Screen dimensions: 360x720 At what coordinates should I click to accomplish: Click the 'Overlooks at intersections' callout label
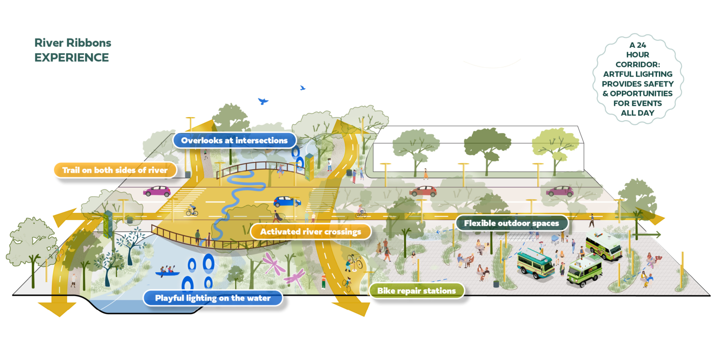click(234, 140)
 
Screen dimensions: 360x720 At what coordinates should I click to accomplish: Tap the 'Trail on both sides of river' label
click(115, 170)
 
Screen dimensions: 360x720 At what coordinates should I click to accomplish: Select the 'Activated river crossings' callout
click(310, 232)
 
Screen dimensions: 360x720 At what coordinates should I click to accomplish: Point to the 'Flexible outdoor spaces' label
click(511, 223)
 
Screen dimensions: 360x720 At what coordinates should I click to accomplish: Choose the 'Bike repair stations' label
click(416, 291)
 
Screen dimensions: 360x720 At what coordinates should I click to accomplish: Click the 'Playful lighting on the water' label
click(213, 298)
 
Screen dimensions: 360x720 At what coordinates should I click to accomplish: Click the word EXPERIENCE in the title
click(72, 58)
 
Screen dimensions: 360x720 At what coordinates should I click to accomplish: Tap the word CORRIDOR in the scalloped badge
click(637, 64)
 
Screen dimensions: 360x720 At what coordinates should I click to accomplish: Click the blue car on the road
click(287, 201)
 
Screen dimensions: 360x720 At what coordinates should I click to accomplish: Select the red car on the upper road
click(423, 191)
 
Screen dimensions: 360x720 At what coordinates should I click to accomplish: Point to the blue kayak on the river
click(167, 273)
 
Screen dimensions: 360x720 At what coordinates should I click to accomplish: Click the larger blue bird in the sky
click(263, 101)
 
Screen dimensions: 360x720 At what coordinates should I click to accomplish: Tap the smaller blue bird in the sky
click(302, 88)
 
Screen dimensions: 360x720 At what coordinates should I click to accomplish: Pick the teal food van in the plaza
click(535, 264)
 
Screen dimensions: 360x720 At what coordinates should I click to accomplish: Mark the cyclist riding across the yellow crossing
click(192, 211)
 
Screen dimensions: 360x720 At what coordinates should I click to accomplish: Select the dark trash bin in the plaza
click(496, 284)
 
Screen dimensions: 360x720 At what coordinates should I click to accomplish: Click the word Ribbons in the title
click(88, 43)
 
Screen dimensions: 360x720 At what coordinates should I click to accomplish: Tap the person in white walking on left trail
click(73, 279)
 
